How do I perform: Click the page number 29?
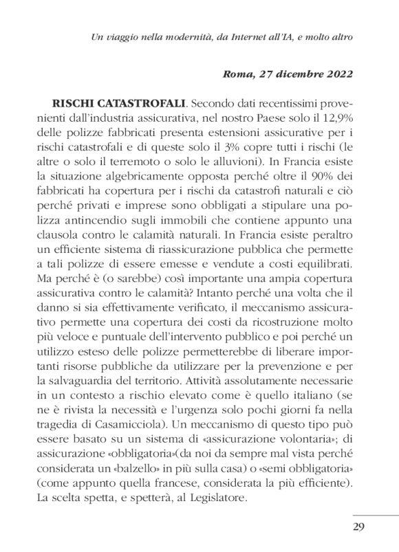[x=358, y=528]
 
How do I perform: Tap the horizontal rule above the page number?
[x=376, y=514]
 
